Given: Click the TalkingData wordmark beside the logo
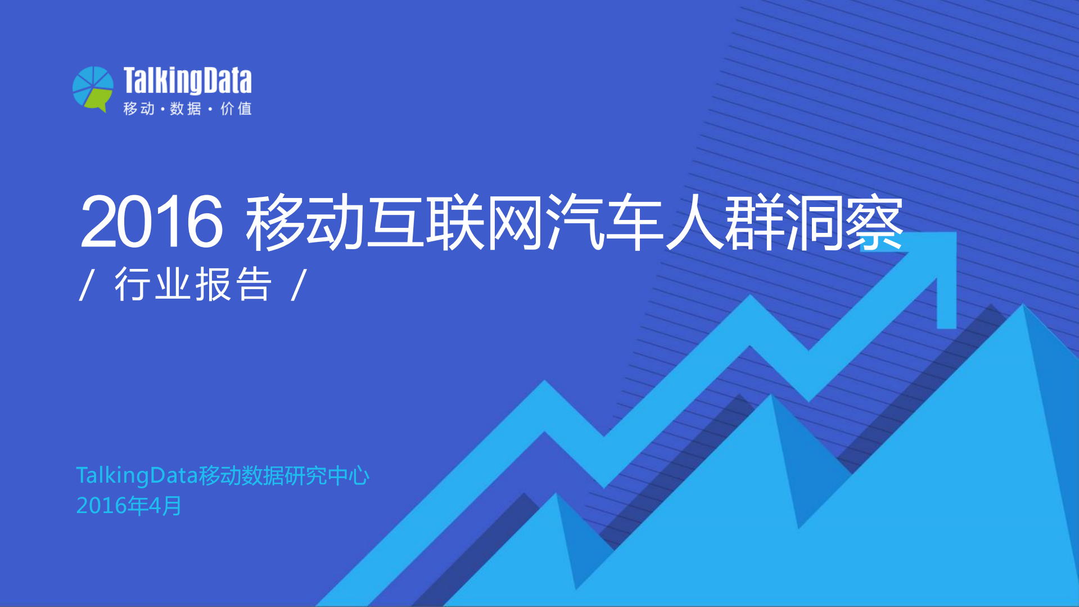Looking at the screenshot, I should coord(187,80).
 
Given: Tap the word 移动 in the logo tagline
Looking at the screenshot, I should coord(139,109).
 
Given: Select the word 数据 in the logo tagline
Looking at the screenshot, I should coord(186,109).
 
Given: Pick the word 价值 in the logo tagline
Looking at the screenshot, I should coord(236,109).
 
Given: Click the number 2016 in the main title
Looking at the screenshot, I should coord(152,222).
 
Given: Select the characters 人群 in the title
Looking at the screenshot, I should coord(725,222).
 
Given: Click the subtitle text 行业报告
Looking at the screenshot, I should coord(193,285).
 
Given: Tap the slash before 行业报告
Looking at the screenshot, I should coord(87,285).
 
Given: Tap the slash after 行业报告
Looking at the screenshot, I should coord(299,285).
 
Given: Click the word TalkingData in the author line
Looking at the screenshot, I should coord(137,476).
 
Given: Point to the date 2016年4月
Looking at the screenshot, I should coord(129,506).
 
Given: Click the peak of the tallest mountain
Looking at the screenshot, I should coord(1023,307).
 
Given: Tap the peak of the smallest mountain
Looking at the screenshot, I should coord(556,496).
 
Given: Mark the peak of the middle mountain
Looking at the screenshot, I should coord(771,397).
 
